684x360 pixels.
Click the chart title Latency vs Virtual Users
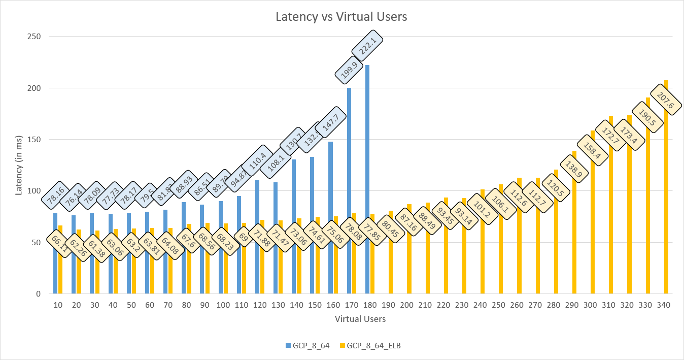click(x=341, y=17)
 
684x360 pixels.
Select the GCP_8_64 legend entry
click(x=311, y=346)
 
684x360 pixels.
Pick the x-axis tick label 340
click(x=664, y=305)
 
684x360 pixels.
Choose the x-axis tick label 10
click(x=58, y=305)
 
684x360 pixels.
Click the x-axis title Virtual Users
click(x=360, y=319)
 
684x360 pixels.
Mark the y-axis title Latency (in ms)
click(x=19, y=165)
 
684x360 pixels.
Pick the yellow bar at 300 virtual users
click(x=593, y=213)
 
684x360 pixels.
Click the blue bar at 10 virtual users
click(x=55, y=254)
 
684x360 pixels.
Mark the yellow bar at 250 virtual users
click(x=501, y=239)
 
